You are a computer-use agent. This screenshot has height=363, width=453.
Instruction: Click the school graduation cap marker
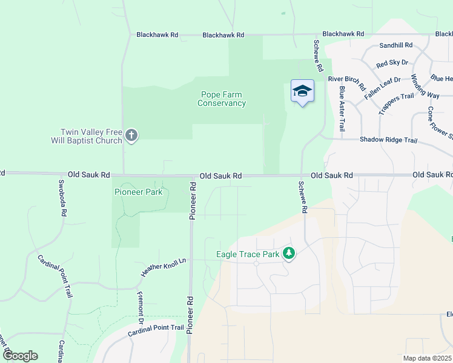click(302, 91)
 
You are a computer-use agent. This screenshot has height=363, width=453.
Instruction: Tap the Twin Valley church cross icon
click(131, 136)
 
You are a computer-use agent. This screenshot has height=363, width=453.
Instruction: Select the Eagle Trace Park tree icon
click(289, 254)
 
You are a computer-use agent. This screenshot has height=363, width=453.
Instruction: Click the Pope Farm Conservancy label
click(222, 99)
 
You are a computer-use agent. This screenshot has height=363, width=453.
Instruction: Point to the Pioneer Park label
click(138, 192)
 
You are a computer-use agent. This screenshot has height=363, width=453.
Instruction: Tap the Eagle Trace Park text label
click(248, 254)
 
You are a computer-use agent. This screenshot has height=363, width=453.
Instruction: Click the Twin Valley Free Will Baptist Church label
click(91, 136)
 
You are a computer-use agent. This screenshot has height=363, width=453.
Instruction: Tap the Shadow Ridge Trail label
click(388, 140)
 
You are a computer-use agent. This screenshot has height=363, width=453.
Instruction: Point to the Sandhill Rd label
click(395, 45)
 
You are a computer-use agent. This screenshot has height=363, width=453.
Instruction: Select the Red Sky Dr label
click(392, 63)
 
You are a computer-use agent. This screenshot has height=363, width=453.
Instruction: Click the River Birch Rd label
click(346, 79)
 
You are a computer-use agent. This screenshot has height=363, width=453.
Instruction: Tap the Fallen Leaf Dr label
click(382, 88)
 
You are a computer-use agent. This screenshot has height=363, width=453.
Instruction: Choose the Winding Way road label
click(425, 87)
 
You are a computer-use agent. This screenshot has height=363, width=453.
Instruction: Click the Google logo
click(20, 356)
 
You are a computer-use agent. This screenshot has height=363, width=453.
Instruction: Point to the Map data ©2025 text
click(426, 358)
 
